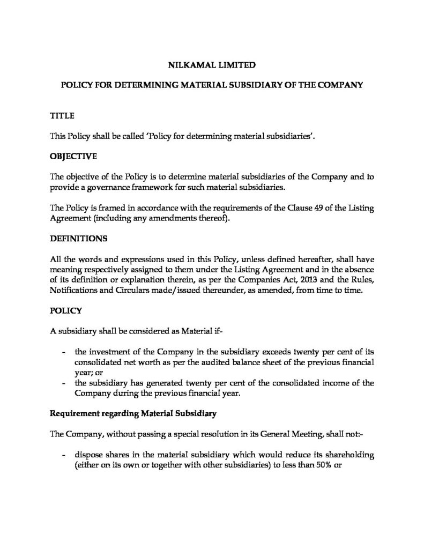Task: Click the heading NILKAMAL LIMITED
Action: coord(212,65)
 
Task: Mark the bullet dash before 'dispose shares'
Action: coord(64,454)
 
